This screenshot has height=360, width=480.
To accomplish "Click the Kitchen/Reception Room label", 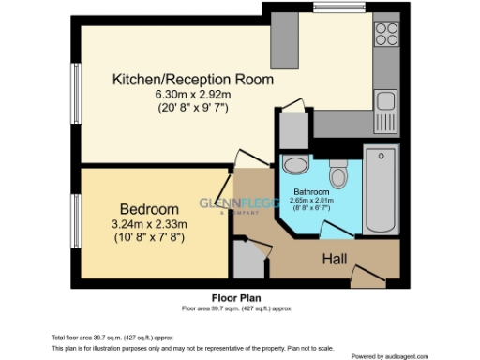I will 193,80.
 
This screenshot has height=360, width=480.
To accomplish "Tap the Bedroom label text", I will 149,208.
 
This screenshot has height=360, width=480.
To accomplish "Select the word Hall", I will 337,258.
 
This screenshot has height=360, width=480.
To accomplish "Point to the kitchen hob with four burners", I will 386,34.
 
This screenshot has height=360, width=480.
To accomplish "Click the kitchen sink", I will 385,102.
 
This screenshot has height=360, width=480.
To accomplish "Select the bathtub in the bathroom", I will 381,189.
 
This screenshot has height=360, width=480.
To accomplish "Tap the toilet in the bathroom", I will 339,173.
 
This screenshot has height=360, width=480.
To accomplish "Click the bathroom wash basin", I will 294,166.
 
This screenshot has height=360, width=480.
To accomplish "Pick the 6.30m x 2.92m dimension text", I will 193,95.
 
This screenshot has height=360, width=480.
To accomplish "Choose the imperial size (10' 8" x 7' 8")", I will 149,238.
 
